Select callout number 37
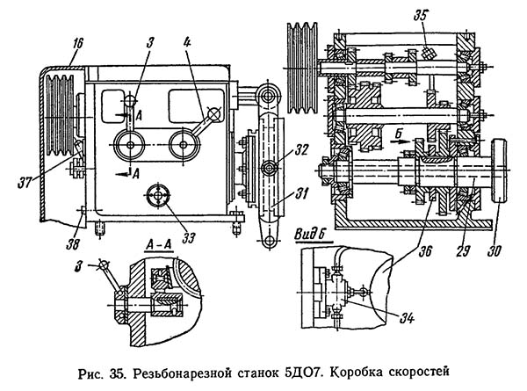(x=25, y=183)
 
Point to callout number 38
(x=73, y=244)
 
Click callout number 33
(x=188, y=238)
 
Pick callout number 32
(x=300, y=149)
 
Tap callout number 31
(x=301, y=194)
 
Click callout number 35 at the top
(x=421, y=15)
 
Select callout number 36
(x=425, y=251)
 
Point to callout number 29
(x=462, y=251)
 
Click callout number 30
(x=494, y=251)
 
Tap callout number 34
(x=407, y=317)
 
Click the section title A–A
(x=159, y=244)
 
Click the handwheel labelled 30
(x=500, y=171)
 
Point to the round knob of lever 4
(x=213, y=114)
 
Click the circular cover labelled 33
(x=158, y=195)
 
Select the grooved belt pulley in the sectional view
(x=301, y=69)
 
